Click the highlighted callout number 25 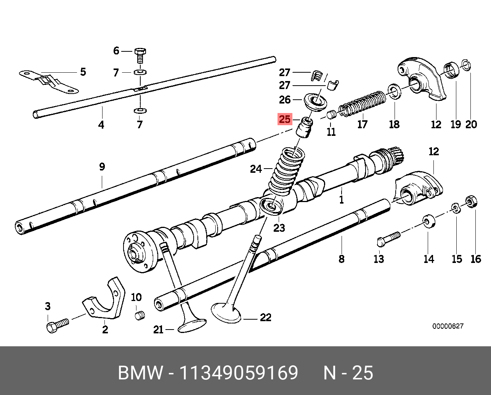click(x=285, y=119)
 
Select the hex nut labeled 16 click(x=471, y=201)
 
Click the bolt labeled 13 click(x=388, y=239)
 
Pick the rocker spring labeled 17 click(x=363, y=104)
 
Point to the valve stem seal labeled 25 click(x=305, y=128)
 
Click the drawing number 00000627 click(x=448, y=326)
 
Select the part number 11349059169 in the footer click(x=239, y=373)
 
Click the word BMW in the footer click(x=140, y=373)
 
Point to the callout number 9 click(x=102, y=167)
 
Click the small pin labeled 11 click(x=332, y=115)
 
